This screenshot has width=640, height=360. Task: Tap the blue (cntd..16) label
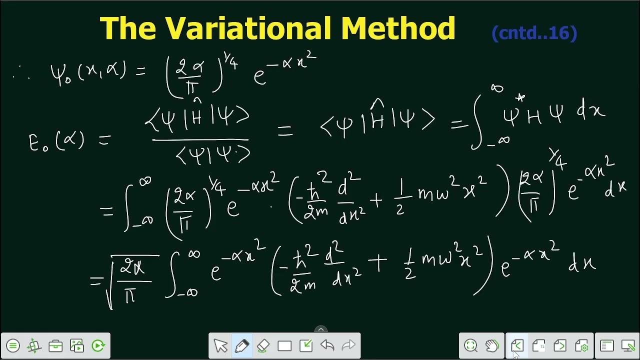(534, 33)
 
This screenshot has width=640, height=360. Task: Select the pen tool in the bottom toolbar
(241, 345)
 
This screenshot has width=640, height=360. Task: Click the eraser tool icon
(263, 345)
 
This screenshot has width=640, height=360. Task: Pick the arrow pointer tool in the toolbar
(220, 345)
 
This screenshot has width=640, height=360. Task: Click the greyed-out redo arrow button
(348, 345)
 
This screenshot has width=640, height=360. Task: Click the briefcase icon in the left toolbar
(55, 345)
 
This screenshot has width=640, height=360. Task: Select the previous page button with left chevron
(517, 345)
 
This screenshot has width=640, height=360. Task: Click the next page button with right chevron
(560, 345)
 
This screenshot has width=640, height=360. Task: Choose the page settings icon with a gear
(581, 345)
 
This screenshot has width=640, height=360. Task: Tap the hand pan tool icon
(492, 345)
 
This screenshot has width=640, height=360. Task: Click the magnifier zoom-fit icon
(470, 345)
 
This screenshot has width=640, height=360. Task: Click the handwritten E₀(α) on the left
(54, 139)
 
